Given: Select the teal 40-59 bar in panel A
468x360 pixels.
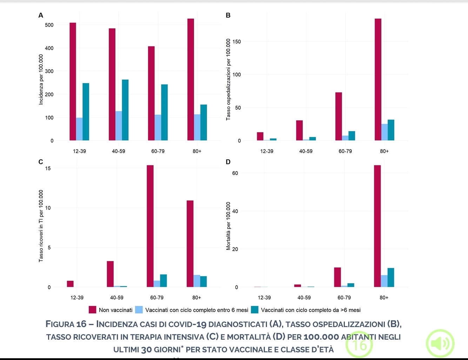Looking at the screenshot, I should coord(125,110).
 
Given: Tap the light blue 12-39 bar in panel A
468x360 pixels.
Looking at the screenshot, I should coord(79,129).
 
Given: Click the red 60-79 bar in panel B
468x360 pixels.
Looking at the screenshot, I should coord(339,116).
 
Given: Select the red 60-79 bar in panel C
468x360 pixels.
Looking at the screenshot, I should coord(150,226).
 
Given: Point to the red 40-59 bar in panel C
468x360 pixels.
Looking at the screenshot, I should coord(110,274).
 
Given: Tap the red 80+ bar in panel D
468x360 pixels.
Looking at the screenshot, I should coord(377,226).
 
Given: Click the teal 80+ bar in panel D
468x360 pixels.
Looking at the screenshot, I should coord(390,278).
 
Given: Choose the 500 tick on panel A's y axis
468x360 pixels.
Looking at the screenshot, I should coord(49,25).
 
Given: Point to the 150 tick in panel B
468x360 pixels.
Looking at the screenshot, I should coord(237,42).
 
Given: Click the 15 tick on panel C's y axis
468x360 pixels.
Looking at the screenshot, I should coord(48,168).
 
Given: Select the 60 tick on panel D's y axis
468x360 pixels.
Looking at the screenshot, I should coord(235,173).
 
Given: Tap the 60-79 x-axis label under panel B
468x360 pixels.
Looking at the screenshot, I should coord(345,151).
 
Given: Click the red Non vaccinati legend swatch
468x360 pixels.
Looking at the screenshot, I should coord(92,310).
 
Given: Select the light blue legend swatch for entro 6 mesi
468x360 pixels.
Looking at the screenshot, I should coord(139,310).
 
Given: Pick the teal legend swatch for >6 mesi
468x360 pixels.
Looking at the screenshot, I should coord(255,310).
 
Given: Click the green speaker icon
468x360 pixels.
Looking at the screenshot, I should coord(440,344).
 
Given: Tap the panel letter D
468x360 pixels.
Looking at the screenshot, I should coord(228,162).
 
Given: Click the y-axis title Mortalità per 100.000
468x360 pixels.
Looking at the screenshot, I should coord(228,226).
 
